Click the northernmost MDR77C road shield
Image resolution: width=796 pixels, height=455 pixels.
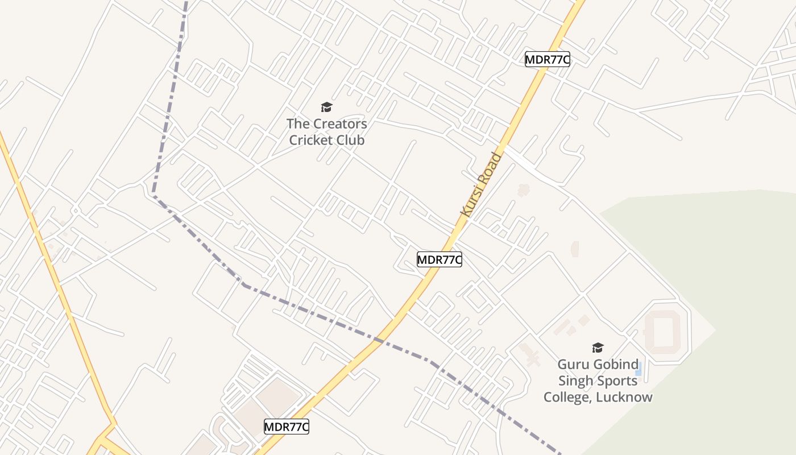(x=547, y=59)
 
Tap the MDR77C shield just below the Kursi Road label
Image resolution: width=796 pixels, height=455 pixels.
(x=439, y=260)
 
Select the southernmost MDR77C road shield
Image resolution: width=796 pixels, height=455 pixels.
(x=287, y=427)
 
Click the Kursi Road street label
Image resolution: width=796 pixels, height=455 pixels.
(x=482, y=184)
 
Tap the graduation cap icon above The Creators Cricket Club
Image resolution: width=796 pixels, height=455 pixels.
(x=326, y=107)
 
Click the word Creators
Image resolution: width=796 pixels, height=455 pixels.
(x=340, y=123)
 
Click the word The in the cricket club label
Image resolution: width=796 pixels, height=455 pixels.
(x=298, y=123)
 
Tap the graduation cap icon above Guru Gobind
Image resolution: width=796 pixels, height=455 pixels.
(x=598, y=348)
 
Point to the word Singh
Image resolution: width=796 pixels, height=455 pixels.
(x=577, y=380)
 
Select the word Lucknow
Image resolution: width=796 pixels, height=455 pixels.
(x=624, y=397)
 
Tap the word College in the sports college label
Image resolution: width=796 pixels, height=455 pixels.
(x=567, y=397)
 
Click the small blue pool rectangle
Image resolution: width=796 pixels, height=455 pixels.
(x=639, y=368)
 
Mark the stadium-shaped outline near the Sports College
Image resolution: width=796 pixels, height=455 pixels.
(x=663, y=332)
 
